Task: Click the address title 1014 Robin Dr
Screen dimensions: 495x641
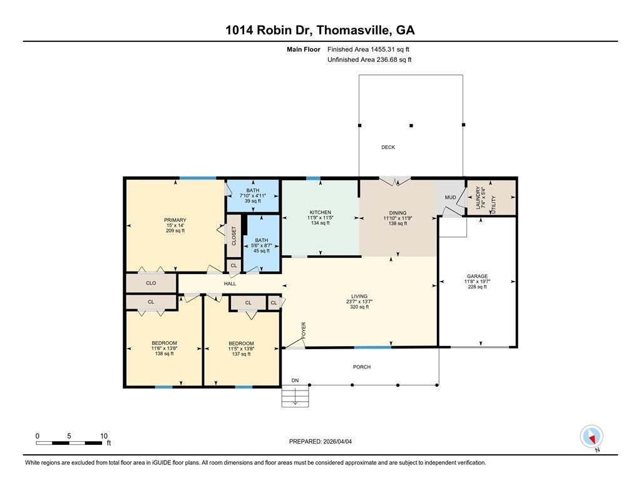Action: click(320, 29)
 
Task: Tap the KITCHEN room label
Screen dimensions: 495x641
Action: click(320, 213)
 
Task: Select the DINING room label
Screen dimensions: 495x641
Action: click(397, 213)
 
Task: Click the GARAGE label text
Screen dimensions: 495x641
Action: click(477, 276)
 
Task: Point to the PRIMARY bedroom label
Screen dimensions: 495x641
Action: click(175, 220)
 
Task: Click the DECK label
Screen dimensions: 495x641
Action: click(388, 148)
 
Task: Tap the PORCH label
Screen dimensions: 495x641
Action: click(362, 367)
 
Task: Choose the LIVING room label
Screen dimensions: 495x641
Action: click(359, 296)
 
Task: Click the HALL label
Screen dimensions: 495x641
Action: click(230, 284)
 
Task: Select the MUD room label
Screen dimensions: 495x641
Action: click(450, 198)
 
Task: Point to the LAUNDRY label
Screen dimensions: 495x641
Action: click(479, 196)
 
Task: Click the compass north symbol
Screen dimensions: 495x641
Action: click(592, 437)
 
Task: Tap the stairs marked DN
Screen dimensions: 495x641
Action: click(295, 395)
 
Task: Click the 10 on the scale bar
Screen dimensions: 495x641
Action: click(104, 436)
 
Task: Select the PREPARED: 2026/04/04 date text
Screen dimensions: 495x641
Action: click(325, 441)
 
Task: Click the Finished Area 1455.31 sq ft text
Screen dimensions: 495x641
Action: click(369, 49)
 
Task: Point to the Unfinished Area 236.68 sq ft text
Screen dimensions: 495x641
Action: click(369, 60)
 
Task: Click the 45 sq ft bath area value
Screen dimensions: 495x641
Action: click(260, 251)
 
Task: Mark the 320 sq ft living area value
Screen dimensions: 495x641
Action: click(359, 307)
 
